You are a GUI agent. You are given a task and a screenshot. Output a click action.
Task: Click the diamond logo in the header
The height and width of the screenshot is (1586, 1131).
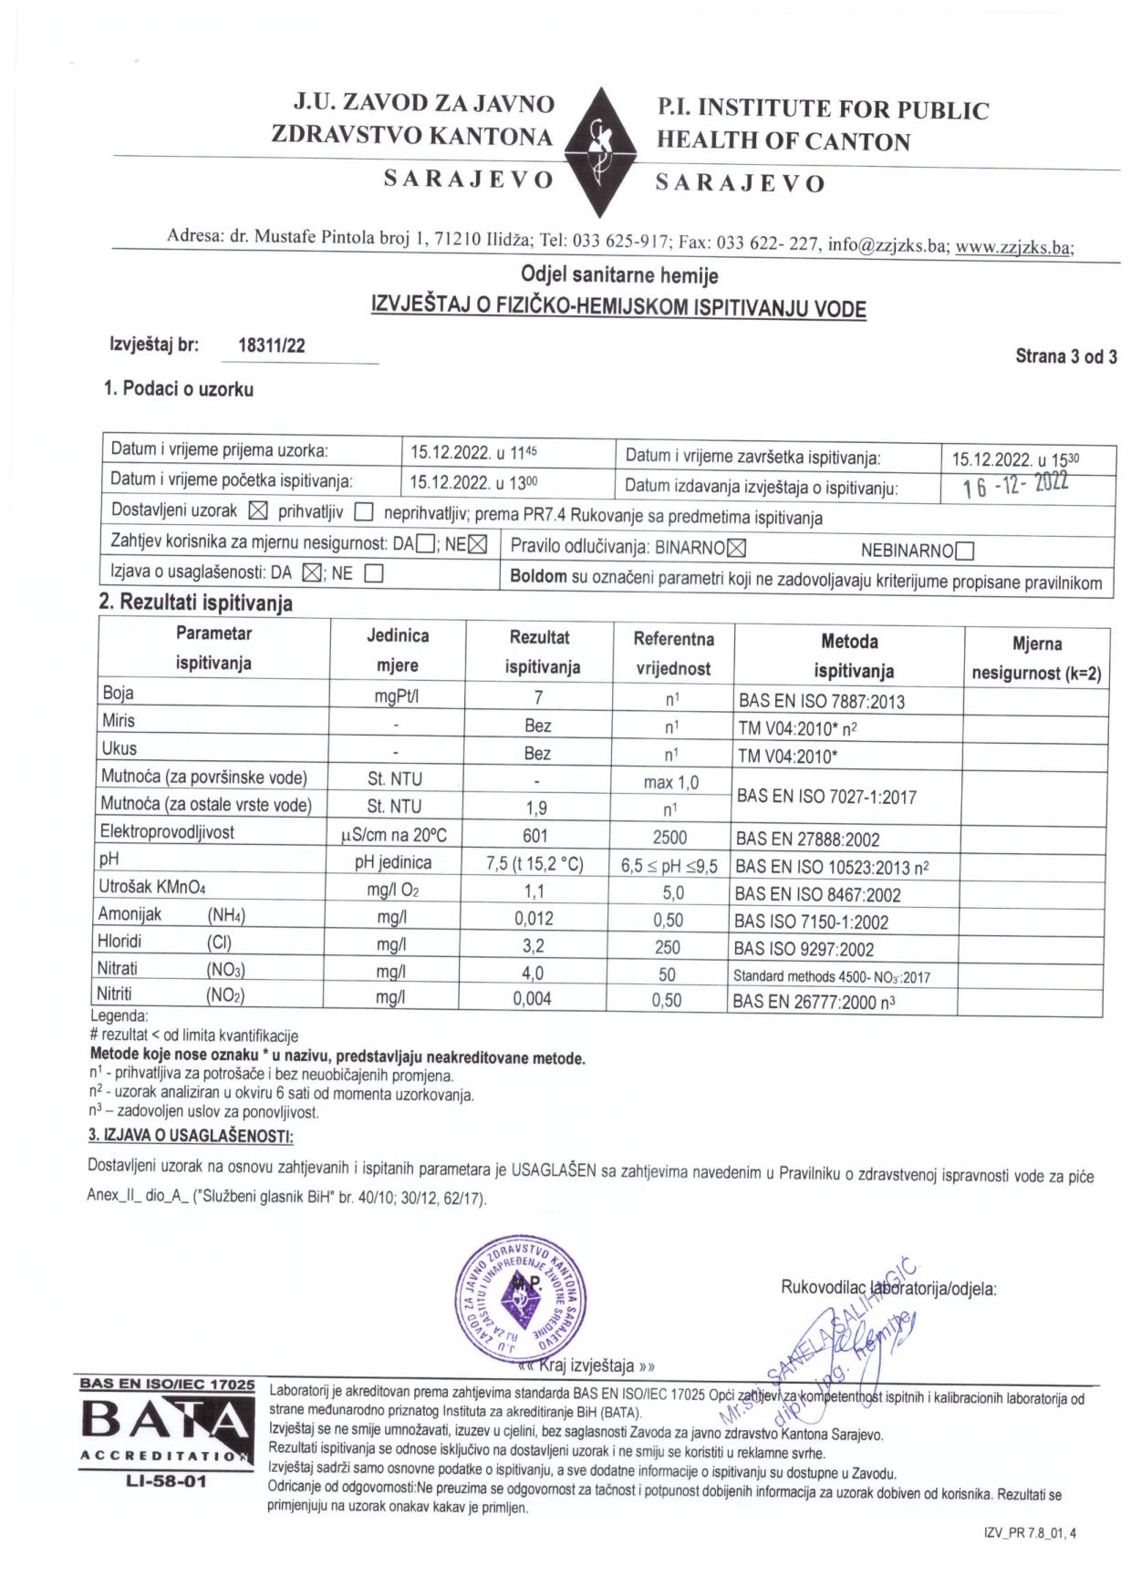coord(605,152)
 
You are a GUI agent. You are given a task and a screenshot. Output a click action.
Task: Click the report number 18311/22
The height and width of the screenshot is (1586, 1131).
coord(271,345)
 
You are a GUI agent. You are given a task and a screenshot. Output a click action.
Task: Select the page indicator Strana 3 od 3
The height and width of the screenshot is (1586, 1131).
coord(1065,356)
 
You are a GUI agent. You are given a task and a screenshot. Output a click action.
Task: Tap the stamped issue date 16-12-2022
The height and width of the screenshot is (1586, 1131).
coord(1015,485)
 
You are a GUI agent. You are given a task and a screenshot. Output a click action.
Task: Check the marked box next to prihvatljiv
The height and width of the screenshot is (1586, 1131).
coord(258,511)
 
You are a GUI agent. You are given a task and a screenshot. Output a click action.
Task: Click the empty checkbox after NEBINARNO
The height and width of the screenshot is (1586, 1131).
coord(965,551)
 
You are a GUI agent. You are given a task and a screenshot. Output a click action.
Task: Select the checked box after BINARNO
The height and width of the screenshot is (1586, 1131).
coord(737,548)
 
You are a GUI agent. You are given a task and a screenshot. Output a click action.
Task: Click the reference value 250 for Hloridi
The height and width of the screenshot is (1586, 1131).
coord(667,948)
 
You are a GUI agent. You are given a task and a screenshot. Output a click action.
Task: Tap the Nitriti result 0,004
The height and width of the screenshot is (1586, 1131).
coord(532,999)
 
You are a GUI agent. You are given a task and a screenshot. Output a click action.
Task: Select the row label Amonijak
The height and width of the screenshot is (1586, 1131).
coord(130,914)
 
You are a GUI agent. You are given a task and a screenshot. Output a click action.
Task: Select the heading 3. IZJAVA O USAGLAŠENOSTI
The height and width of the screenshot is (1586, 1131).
coord(191,1136)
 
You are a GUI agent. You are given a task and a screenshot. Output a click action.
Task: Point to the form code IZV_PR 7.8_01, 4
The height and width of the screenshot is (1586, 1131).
coord(1030,1533)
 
